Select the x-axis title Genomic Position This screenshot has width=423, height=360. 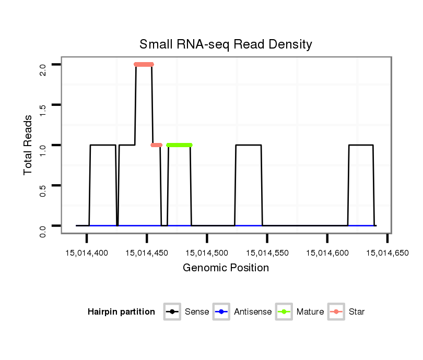(x=226, y=268)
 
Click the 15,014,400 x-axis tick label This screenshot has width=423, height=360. (x=87, y=253)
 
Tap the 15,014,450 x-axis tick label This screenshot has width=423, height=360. (x=147, y=253)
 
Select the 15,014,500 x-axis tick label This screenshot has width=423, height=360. (x=207, y=253)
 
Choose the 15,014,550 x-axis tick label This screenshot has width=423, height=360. (x=267, y=253)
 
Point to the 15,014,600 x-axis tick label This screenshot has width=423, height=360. (x=327, y=253)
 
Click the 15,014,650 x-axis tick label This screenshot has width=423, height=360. (x=387, y=253)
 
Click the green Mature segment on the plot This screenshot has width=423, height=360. (x=179, y=145)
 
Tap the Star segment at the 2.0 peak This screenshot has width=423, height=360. (x=144, y=64)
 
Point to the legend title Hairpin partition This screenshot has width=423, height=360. (x=121, y=312)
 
